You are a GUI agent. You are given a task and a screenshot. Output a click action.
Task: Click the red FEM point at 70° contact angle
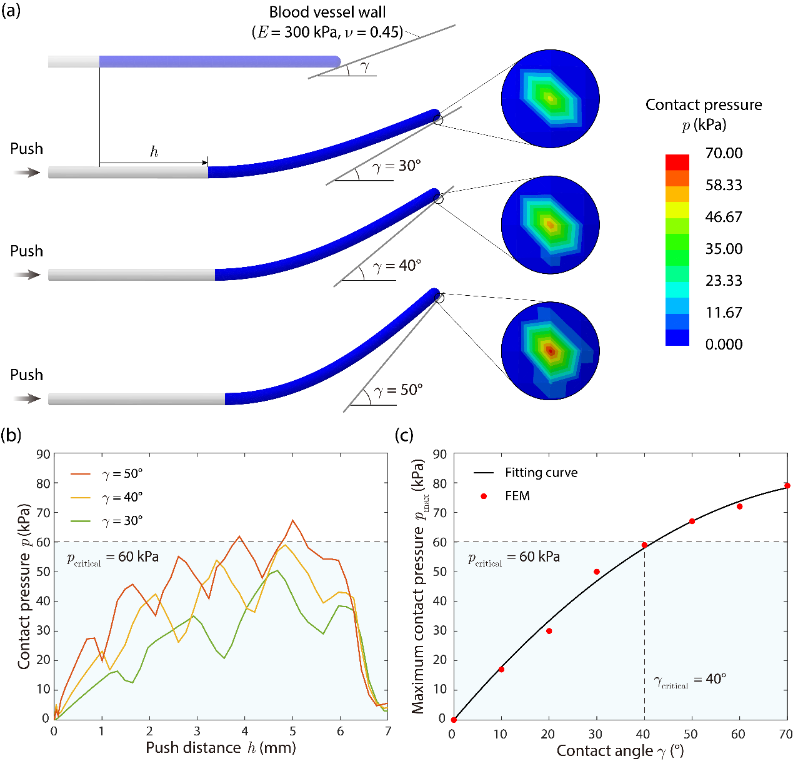tap(787, 485)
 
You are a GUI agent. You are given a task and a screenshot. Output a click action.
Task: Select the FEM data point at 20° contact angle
tap(549, 631)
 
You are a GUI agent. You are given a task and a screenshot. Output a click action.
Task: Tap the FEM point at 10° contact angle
tap(501, 670)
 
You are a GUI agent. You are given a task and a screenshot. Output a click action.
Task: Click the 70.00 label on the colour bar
tap(724, 153)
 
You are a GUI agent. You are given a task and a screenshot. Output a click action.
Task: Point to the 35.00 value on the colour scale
tap(724, 249)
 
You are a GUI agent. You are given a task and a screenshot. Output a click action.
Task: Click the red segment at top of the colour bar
tap(677, 162)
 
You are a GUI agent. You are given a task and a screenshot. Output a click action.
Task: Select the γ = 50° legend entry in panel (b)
tap(107, 474)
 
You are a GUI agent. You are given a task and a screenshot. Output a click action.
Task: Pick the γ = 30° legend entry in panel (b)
tap(107, 521)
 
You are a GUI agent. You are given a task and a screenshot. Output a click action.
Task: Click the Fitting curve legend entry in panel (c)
tap(526, 473)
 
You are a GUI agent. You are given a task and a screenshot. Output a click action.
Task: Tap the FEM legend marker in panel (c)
tap(484, 496)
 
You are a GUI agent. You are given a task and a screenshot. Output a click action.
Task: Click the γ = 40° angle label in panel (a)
tap(397, 266)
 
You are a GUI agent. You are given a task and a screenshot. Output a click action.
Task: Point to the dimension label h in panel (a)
tap(154, 152)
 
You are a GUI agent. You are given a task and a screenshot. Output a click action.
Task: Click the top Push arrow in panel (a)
tap(27, 172)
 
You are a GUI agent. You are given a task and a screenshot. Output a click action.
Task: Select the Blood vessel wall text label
tap(327, 13)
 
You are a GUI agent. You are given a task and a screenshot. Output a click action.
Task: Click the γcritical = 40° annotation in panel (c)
tap(690, 680)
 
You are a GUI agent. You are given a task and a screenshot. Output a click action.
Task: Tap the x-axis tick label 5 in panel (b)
tap(292, 732)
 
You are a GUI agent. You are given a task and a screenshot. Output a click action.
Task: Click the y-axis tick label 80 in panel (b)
tap(43, 483)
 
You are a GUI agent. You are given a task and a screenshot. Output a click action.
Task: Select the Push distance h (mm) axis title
tap(221, 748)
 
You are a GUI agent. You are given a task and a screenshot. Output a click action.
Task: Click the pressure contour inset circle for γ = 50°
tap(551, 351)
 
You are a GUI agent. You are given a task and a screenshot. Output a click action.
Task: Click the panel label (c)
tap(405, 435)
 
